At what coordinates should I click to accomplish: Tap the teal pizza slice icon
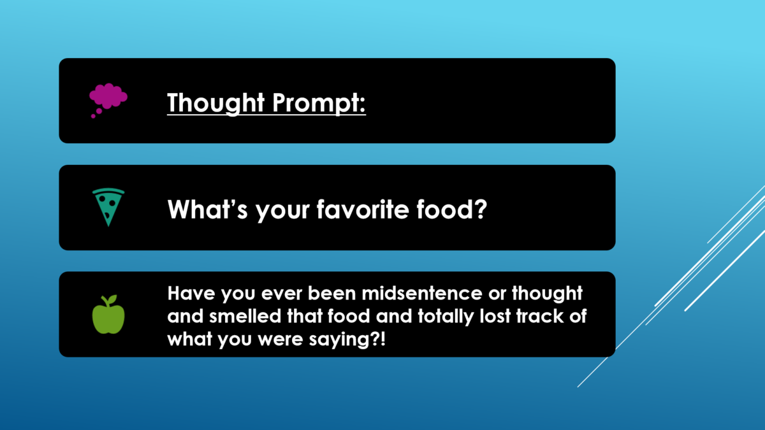108,207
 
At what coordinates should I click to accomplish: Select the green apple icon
108,314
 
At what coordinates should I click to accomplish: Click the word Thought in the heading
216,103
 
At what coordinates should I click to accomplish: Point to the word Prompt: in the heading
319,103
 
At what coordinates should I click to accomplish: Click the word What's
207,209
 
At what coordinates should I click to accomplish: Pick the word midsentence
422,293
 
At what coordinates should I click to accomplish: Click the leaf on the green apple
112,299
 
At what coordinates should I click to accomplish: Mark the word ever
281,294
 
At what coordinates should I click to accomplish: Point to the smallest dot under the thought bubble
93,117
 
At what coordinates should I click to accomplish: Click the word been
331,293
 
